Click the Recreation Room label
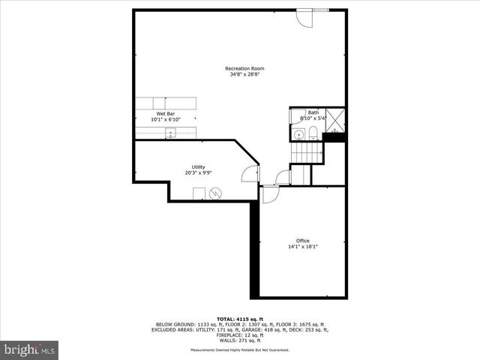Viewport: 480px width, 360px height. (x=244, y=69)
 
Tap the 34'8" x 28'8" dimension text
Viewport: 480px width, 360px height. (x=244, y=75)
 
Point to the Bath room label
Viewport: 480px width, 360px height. (x=313, y=112)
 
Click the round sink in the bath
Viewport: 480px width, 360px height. (x=298, y=135)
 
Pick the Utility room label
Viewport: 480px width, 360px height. (x=198, y=166)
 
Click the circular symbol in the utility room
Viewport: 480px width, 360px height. (x=216, y=193)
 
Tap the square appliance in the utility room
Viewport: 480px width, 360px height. (x=199, y=194)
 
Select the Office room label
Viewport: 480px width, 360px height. (x=302, y=241)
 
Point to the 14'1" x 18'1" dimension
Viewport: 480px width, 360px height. (x=302, y=247)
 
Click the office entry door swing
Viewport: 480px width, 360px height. (x=270, y=193)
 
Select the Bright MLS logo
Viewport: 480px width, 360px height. (x=30, y=349)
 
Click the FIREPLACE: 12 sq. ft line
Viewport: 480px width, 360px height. (x=239, y=334)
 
